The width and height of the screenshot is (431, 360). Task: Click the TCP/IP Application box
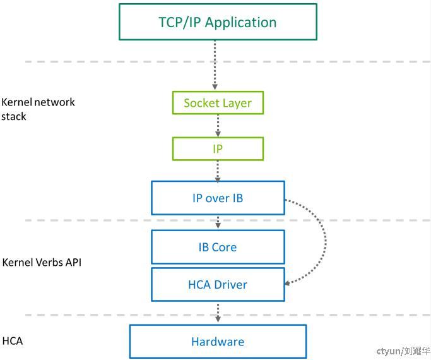pos(218,22)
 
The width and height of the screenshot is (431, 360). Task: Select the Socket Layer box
pos(218,103)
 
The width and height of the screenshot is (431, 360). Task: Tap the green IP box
pos(218,149)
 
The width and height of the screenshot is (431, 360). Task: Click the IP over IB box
pos(218,198)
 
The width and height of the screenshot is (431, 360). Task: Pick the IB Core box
pos(218,247)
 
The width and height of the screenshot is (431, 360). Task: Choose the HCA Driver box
pos(218,284)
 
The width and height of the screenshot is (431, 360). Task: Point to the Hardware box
pos(218,342)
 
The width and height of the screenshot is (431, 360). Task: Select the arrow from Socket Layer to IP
pos(218,126)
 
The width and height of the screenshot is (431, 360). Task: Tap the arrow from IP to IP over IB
pos(218,171)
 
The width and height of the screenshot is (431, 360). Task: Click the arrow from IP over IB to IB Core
pos(218,222)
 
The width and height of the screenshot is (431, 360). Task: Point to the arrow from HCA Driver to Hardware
pos(218,313)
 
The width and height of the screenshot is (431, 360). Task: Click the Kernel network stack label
pos(38,109)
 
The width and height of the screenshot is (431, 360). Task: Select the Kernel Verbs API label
pos(42,262)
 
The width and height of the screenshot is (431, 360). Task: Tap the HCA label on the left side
pos(13,341)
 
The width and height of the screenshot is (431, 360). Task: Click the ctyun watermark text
pos(403,351)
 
